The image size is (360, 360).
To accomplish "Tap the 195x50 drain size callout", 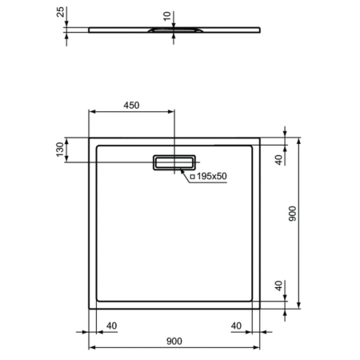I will [210, 175].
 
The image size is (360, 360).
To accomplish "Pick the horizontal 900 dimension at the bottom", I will [174, 341].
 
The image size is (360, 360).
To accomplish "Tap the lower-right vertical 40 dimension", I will [278, 286].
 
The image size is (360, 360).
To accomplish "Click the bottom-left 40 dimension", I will [111, 325].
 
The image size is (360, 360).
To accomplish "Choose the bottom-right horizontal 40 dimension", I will [236, 325].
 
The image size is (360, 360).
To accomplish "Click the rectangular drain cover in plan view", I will [174, 162].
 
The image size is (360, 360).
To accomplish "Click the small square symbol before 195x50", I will [192, 175].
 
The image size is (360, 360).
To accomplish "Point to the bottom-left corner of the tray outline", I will [88, 309].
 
